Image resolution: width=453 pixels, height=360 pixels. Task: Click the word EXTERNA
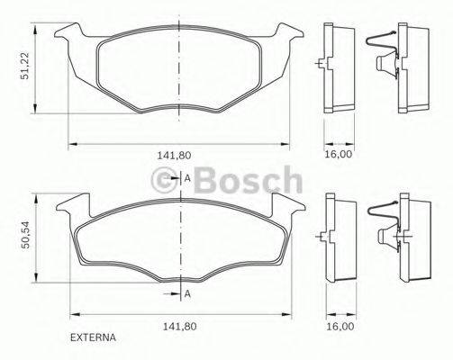pos(93,339)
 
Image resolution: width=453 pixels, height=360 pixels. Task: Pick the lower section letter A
pos(187,294)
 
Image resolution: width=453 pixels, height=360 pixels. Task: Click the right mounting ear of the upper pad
pos(288,36)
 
